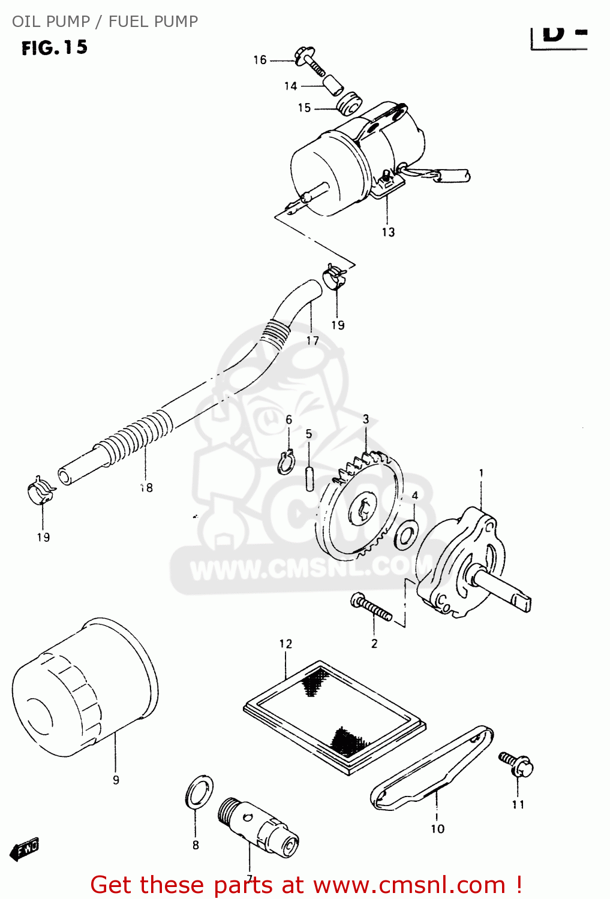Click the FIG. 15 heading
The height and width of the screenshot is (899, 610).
coord(55,48)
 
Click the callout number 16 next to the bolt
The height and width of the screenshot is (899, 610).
coord(260,60)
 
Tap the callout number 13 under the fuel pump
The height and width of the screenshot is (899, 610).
coord(388,233)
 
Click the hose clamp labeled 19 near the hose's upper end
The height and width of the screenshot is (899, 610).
coord(335,275)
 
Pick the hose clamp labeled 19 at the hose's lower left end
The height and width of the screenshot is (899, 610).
coord(41,491)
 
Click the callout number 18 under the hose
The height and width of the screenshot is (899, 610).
coord(146,488)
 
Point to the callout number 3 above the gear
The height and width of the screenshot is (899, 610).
coord(366,420)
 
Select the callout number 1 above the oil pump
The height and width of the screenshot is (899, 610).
coord(481,473)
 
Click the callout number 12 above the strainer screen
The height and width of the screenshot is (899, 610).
coord(286,644)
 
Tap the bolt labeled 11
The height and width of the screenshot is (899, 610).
coord(516,765)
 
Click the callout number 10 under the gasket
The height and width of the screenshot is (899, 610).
coord(438,829)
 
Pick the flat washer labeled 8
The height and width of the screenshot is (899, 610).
coord(199,792)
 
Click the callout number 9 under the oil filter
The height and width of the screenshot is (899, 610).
coord(116,780)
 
